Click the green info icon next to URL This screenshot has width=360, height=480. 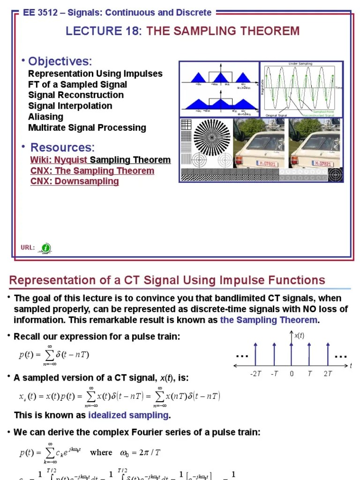coord(45,247)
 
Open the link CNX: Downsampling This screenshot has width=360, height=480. coord(75,181)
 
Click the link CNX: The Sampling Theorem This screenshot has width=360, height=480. coord(92,171)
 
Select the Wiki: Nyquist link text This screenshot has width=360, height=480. coord(59,160)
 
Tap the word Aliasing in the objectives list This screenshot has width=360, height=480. coord(45,117)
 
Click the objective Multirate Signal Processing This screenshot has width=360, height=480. coord(87,127)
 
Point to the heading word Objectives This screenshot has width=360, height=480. coord(60,61)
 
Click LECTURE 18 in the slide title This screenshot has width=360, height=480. coord(104,31)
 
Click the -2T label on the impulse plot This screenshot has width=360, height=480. coord(255,374)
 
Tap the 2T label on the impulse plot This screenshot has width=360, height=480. coord(328,374)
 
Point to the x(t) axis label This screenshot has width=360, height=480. coord(299,336)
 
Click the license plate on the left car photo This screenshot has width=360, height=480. coord(266,164)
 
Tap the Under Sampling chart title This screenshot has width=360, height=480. coord(300,64)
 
